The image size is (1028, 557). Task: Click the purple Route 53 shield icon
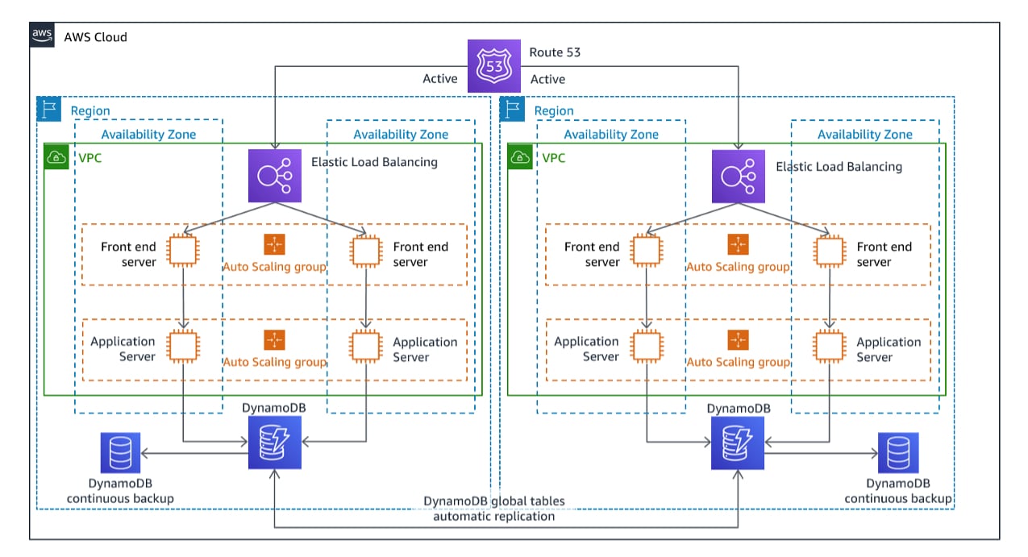[x=495, y=67]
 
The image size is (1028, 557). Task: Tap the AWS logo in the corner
[x=43, y=36]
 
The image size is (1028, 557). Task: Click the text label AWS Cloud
[x=95, y=37]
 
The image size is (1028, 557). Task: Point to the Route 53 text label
[x=555, y=52]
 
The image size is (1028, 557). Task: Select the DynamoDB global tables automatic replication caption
[x=494, y=509]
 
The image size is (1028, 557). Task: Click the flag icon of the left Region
[x=49, y=110]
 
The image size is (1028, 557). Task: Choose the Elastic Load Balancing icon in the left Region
[x=274, y=176]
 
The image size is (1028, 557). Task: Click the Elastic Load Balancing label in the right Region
[x=839, y=167]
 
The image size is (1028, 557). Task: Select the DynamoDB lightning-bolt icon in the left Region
[x=274, y=443]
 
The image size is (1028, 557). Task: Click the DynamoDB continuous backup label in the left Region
[x=120, y=490]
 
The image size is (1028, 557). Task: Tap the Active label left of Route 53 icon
[x=440, y=79]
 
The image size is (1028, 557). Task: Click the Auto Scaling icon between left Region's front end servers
[x=274, y=244]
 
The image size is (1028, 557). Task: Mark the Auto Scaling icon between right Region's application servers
[x=738, y=339]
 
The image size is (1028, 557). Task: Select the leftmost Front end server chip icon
[x=183, y=251]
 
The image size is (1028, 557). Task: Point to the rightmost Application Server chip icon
[x=830, y=346]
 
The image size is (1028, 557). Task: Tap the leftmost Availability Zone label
[x=148, y=135]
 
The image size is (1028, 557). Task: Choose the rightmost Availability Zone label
[x=865, y=135]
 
